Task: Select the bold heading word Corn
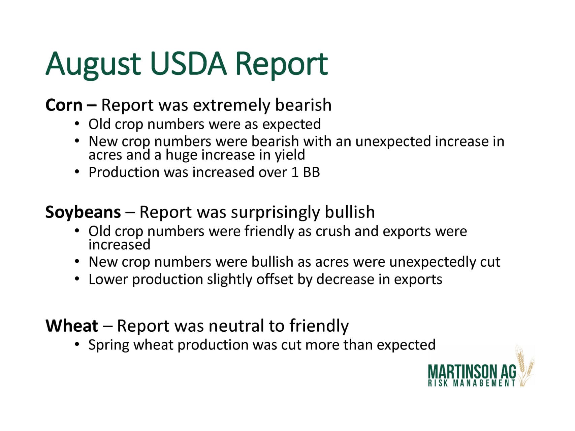pos(64,105)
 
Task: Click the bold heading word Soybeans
pos(83,212)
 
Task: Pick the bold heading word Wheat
pos(72,326)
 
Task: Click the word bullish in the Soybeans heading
pos(350,212)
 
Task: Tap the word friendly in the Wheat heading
pos(319,326)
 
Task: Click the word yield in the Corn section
pos(290,155)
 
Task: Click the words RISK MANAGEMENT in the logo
pos(472,383)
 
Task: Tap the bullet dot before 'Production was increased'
pos(77,172)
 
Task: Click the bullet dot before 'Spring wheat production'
pos(77,345)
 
